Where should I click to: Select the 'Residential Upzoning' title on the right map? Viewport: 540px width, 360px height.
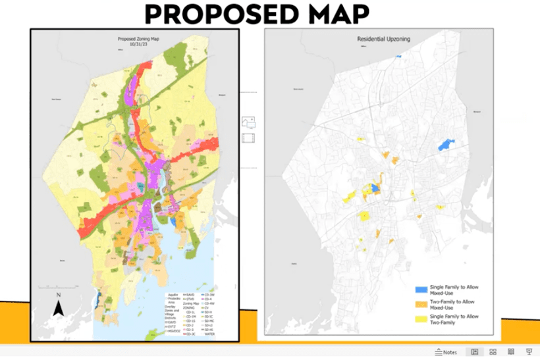click(383, 39)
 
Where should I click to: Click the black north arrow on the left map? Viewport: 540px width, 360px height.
click(59, 307)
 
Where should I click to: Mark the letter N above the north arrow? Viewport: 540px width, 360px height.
click(59, 296)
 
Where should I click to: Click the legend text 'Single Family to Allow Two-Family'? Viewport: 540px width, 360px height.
click(454, 319)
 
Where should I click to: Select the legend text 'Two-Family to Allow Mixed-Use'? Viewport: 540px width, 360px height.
click(452, 305)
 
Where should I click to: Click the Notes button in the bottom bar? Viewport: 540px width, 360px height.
click(446, 352)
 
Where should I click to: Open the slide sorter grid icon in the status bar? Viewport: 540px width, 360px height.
click(493, 352)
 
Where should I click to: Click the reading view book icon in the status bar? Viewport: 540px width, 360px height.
click(511, 352)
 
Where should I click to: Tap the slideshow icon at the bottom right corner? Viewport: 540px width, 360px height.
click(529, 352)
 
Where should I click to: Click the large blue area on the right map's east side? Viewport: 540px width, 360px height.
click(447, 144)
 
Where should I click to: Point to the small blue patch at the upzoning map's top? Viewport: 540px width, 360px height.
click(398, 57)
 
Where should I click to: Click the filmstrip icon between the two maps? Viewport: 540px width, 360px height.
click(249, 138)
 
